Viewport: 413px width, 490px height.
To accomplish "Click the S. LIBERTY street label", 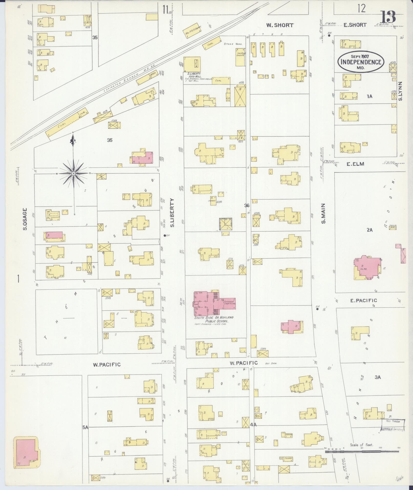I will point(172,212).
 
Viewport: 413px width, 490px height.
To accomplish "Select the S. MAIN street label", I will point(323,213).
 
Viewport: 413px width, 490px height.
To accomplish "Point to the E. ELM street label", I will point(355,164).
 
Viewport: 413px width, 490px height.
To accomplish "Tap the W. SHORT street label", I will point(280,25).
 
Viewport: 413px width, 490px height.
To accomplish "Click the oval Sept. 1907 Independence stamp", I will point(361,62).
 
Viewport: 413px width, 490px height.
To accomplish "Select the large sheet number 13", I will point(388,17).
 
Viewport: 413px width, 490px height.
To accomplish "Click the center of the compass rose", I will point(73,173).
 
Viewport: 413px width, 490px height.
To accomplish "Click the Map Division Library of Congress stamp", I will point(393,425).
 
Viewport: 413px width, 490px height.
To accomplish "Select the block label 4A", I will point(253,424).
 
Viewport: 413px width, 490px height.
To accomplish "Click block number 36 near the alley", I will point(247,205).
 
